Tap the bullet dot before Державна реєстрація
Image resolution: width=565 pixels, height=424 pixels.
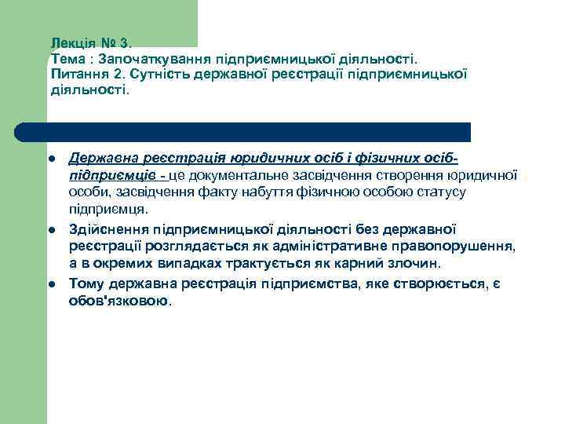tap(51, 159)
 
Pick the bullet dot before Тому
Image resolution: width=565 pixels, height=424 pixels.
tap(51, 283)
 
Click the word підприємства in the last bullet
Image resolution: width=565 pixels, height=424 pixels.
tap(297, 283)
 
